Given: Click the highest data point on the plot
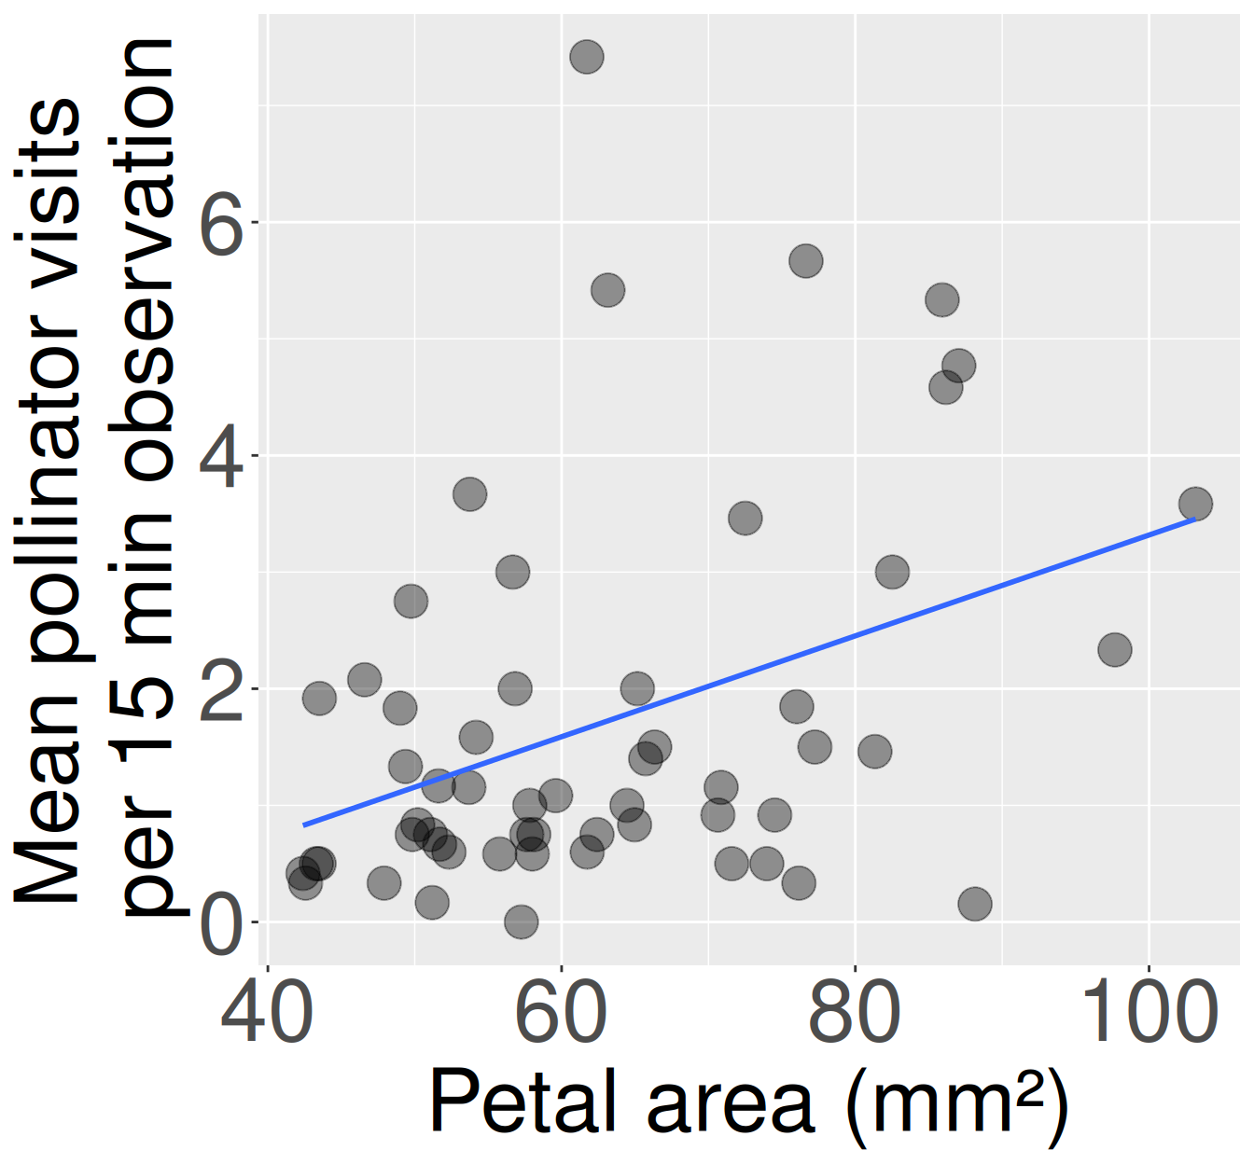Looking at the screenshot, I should pos(587,57).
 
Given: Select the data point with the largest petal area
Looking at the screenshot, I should pos(1195,504).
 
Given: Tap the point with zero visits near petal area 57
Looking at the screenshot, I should pos(521,922).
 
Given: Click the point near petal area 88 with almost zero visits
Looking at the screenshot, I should pos(974,903).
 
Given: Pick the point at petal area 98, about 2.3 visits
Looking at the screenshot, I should pos(1114,649).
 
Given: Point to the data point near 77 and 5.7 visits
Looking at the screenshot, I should pos(806,261).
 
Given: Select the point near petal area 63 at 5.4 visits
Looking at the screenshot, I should pos(607,290).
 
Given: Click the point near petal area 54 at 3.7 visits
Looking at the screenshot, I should pos(469,493).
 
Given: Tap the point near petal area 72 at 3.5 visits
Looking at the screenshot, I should pos(745,518).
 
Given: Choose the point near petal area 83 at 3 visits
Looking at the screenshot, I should pos(892,572).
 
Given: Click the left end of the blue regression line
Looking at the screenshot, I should pos(304,824).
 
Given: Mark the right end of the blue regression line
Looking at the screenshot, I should pos(1194,519).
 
